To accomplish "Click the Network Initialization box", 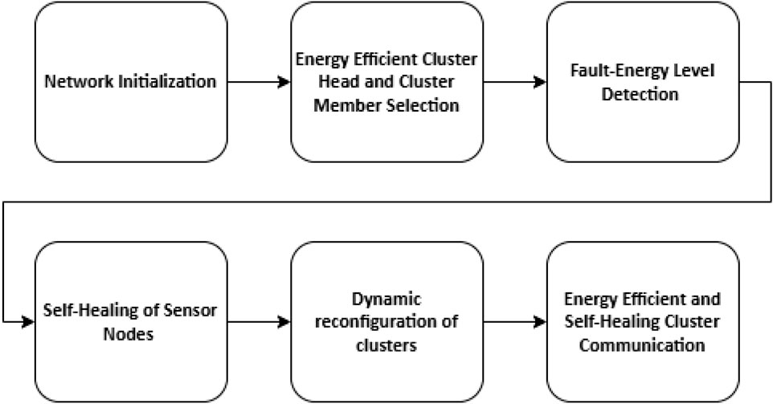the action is [x=131, y=82].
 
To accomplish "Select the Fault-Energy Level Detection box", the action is [x=643, y=82].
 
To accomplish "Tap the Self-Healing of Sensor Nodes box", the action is [x=131, y=322].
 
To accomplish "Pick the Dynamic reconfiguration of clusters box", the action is [x=387, y=322].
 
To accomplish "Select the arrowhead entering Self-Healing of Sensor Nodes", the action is [x=29, y=322].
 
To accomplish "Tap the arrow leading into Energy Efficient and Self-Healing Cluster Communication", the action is [x=515, y=322].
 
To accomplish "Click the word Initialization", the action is [x=166, y=81].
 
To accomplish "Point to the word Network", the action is [x=79, y=81].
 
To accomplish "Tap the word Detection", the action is [x=640, y=94].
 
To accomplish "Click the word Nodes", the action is [x=129, y=334].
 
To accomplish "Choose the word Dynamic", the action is [x=387, y=299].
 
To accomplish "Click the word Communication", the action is [x=642, y=345].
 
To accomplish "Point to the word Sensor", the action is [x=190, y=311].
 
